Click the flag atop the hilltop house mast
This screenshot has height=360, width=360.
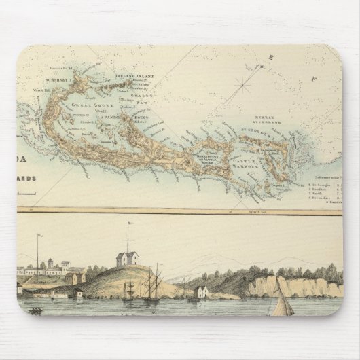(127, 224)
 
